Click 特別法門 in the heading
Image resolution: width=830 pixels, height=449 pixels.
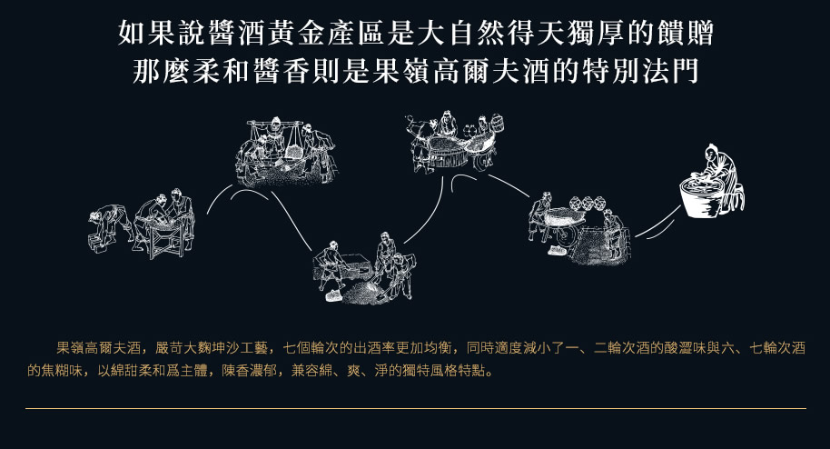pos(640,72)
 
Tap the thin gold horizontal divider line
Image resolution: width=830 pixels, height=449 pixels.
pos(416,408)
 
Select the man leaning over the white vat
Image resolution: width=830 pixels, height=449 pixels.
pos(721,175)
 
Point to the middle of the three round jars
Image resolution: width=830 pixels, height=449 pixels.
pos(588,203)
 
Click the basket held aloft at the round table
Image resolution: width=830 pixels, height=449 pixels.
pos(497,124)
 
